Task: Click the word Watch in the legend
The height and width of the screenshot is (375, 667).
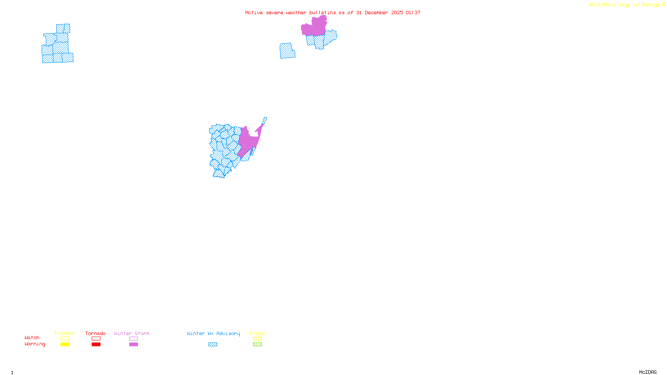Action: pos(32,338)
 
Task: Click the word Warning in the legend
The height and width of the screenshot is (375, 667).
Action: pos(35,344)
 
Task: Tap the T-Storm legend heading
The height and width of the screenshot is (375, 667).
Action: pos(64,333)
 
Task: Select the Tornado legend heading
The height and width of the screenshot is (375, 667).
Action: pos(95,333)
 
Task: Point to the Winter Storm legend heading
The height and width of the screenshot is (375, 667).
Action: pos(132,333)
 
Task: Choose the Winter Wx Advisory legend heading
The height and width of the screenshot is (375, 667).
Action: pos(213,333)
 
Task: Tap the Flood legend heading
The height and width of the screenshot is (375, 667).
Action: pos(257,333)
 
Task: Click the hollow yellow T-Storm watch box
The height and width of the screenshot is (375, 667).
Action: pos(65,339)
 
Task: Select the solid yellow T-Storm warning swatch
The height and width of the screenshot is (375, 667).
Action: pos(65,345)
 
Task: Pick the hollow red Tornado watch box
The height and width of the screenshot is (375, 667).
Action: pos(96,339)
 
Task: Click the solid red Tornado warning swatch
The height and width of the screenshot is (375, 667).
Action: pos(96,345)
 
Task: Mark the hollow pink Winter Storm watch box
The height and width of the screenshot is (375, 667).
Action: pos(133,339)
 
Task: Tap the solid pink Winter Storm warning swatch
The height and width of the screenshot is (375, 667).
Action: pos(133,345)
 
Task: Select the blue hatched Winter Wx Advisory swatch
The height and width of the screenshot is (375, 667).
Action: pos(213,345)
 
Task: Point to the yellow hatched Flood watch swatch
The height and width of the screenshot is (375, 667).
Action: pos(257,339)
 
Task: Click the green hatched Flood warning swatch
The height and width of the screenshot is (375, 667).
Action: pos(257,345)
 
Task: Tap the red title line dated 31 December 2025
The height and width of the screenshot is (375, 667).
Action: pos(333,13)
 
